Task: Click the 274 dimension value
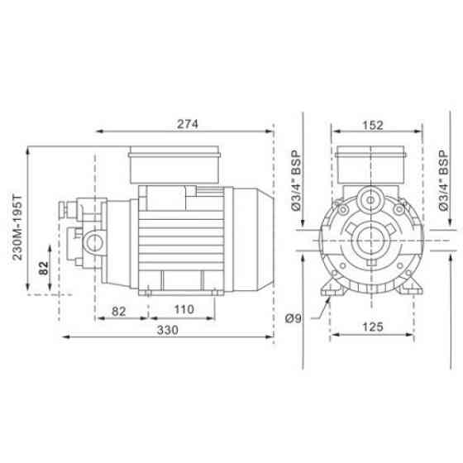tap(186, 123)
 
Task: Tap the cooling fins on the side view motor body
tap(178, 240)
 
